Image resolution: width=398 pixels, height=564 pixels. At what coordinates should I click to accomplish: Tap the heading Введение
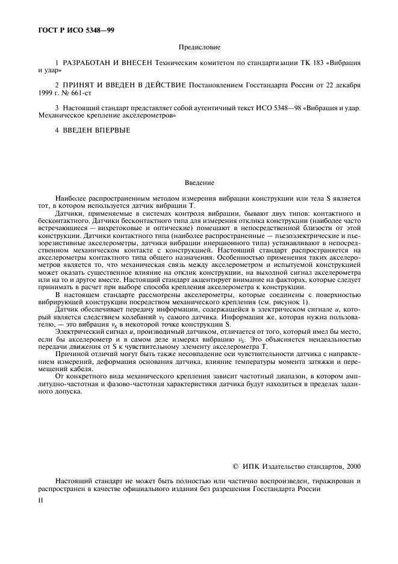(x=200, y=181)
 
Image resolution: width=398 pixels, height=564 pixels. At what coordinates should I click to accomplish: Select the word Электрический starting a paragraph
(x=77, y=331)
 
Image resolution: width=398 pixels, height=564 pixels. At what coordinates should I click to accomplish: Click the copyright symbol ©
(x=235, y=466)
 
